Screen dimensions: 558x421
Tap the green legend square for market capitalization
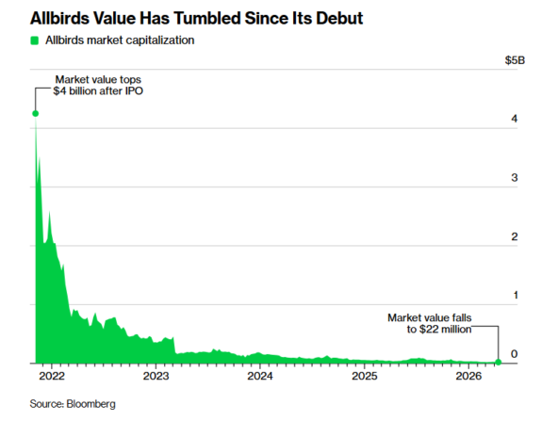click(x=35, y=40)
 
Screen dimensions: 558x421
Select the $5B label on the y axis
click(x=515, y=60)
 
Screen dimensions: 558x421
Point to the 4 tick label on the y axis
click(x=515, y=119)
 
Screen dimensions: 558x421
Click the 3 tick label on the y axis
click(x=515, y=177)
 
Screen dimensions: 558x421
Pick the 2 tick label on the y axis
click(x=515, y=236)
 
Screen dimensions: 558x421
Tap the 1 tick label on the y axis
click(x=516, y=295)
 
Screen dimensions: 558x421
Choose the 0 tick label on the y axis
click(x=515, y=354)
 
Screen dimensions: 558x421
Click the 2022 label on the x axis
click(x=52, y=376)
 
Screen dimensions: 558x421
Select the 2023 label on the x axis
click(x=156, y=376)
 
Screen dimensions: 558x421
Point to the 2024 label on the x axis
click(x=260, y=376)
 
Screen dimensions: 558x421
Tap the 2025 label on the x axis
click(x=365, y=376)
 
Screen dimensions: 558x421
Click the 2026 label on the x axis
click(x=468, y=376)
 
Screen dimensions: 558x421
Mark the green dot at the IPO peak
click(x=35, y=113)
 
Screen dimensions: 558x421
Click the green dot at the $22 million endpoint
click(x=499, y=362)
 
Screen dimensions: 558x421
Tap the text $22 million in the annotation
click(x=446, y=330)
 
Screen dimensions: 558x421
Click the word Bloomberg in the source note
click(x=90, y=404)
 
